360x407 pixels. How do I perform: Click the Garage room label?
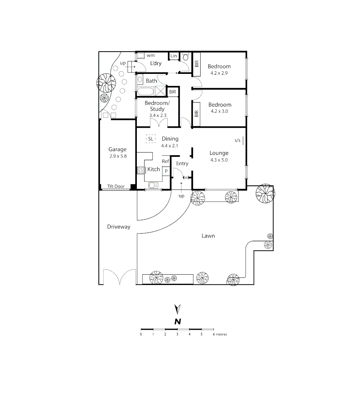click(118, 149)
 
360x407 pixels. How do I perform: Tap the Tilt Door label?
click(116, 187)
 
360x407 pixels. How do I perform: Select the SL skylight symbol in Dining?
click(151, 139)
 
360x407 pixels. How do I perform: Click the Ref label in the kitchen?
click(165, 161)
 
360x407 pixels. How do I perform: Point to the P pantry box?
click(166, 171)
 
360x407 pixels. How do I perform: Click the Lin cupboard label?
click(173, 56)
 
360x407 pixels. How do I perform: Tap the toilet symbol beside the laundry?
click(185, 57)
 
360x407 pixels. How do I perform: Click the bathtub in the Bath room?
click(145, 92)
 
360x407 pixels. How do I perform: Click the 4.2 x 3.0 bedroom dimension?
click(219, 111)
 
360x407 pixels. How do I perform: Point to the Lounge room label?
click(219, 153)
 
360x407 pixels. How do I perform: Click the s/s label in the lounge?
click(237, 141)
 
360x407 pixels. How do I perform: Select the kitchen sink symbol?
click(153, 185)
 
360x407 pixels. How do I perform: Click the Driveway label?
click(118, 227)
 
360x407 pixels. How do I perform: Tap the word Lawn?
click(208, 236)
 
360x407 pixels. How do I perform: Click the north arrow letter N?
click(178, 321)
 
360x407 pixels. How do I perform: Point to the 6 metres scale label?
click(220, 334)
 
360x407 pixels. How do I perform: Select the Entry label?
click(182, 164)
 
